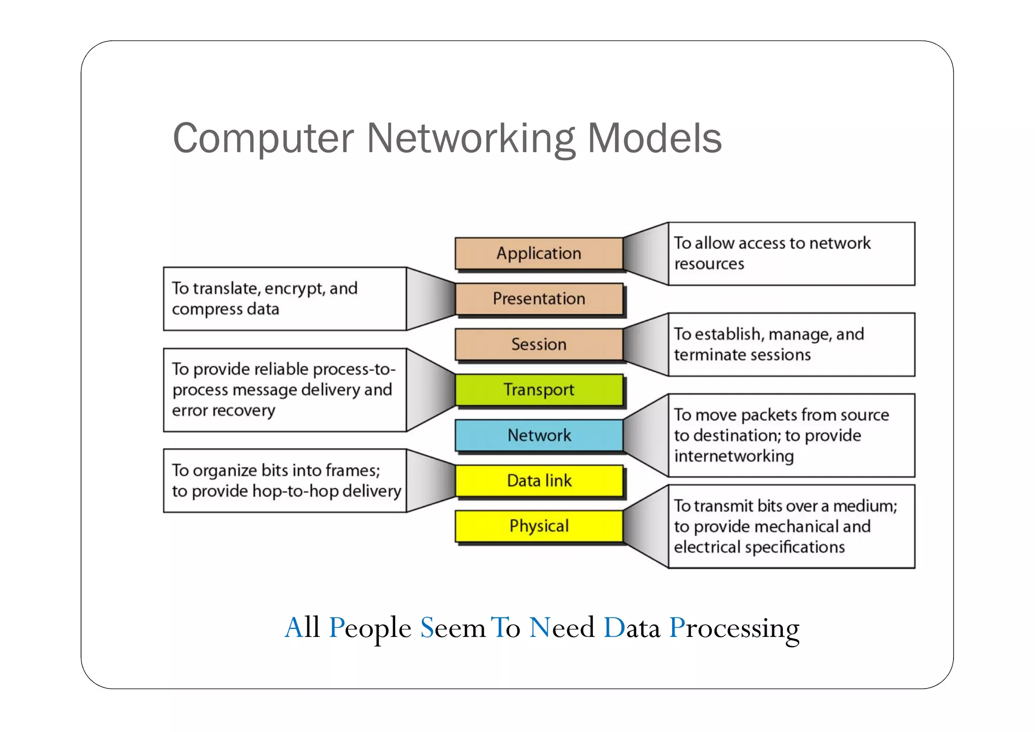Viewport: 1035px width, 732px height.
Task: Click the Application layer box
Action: pyautogui.click(x=539, y=253)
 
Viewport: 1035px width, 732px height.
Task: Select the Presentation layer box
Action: pyautogui.click(x=539, y=299)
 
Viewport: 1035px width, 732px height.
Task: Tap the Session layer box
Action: pyautogui.click(x=539, y=344)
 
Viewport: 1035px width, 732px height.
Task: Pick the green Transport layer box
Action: pyautogui.click(x=539, y=390)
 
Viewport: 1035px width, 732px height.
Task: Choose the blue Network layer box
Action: pyautogui.click(x=539, y=435)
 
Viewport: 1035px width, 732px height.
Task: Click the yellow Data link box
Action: pyautogui.click(x=539, y=481)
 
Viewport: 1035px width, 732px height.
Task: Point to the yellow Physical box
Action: pyautogui.click(x=539, y=526)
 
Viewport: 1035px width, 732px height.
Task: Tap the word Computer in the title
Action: pyautogui.click(x=263, y=139)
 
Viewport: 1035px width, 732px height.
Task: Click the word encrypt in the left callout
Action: pyautogui.click(x=294, y=289)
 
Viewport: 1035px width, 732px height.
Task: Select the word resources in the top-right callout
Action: pyautogui.click(x=709, y=264)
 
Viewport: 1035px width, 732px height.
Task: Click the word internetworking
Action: pyautogui.click(x=734, y=456)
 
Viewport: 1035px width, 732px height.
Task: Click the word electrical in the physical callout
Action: pyautogui.click(x=707, y=547)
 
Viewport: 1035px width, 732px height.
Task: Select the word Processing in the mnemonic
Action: pyautogui.click(x=734, y=628)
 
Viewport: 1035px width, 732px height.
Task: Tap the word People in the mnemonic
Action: pyautogui.click(x=369, y=628)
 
